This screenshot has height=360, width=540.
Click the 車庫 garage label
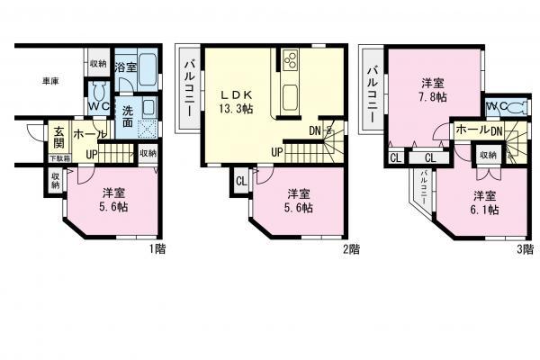[49, 82]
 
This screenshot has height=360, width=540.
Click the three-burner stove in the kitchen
[292, 60]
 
